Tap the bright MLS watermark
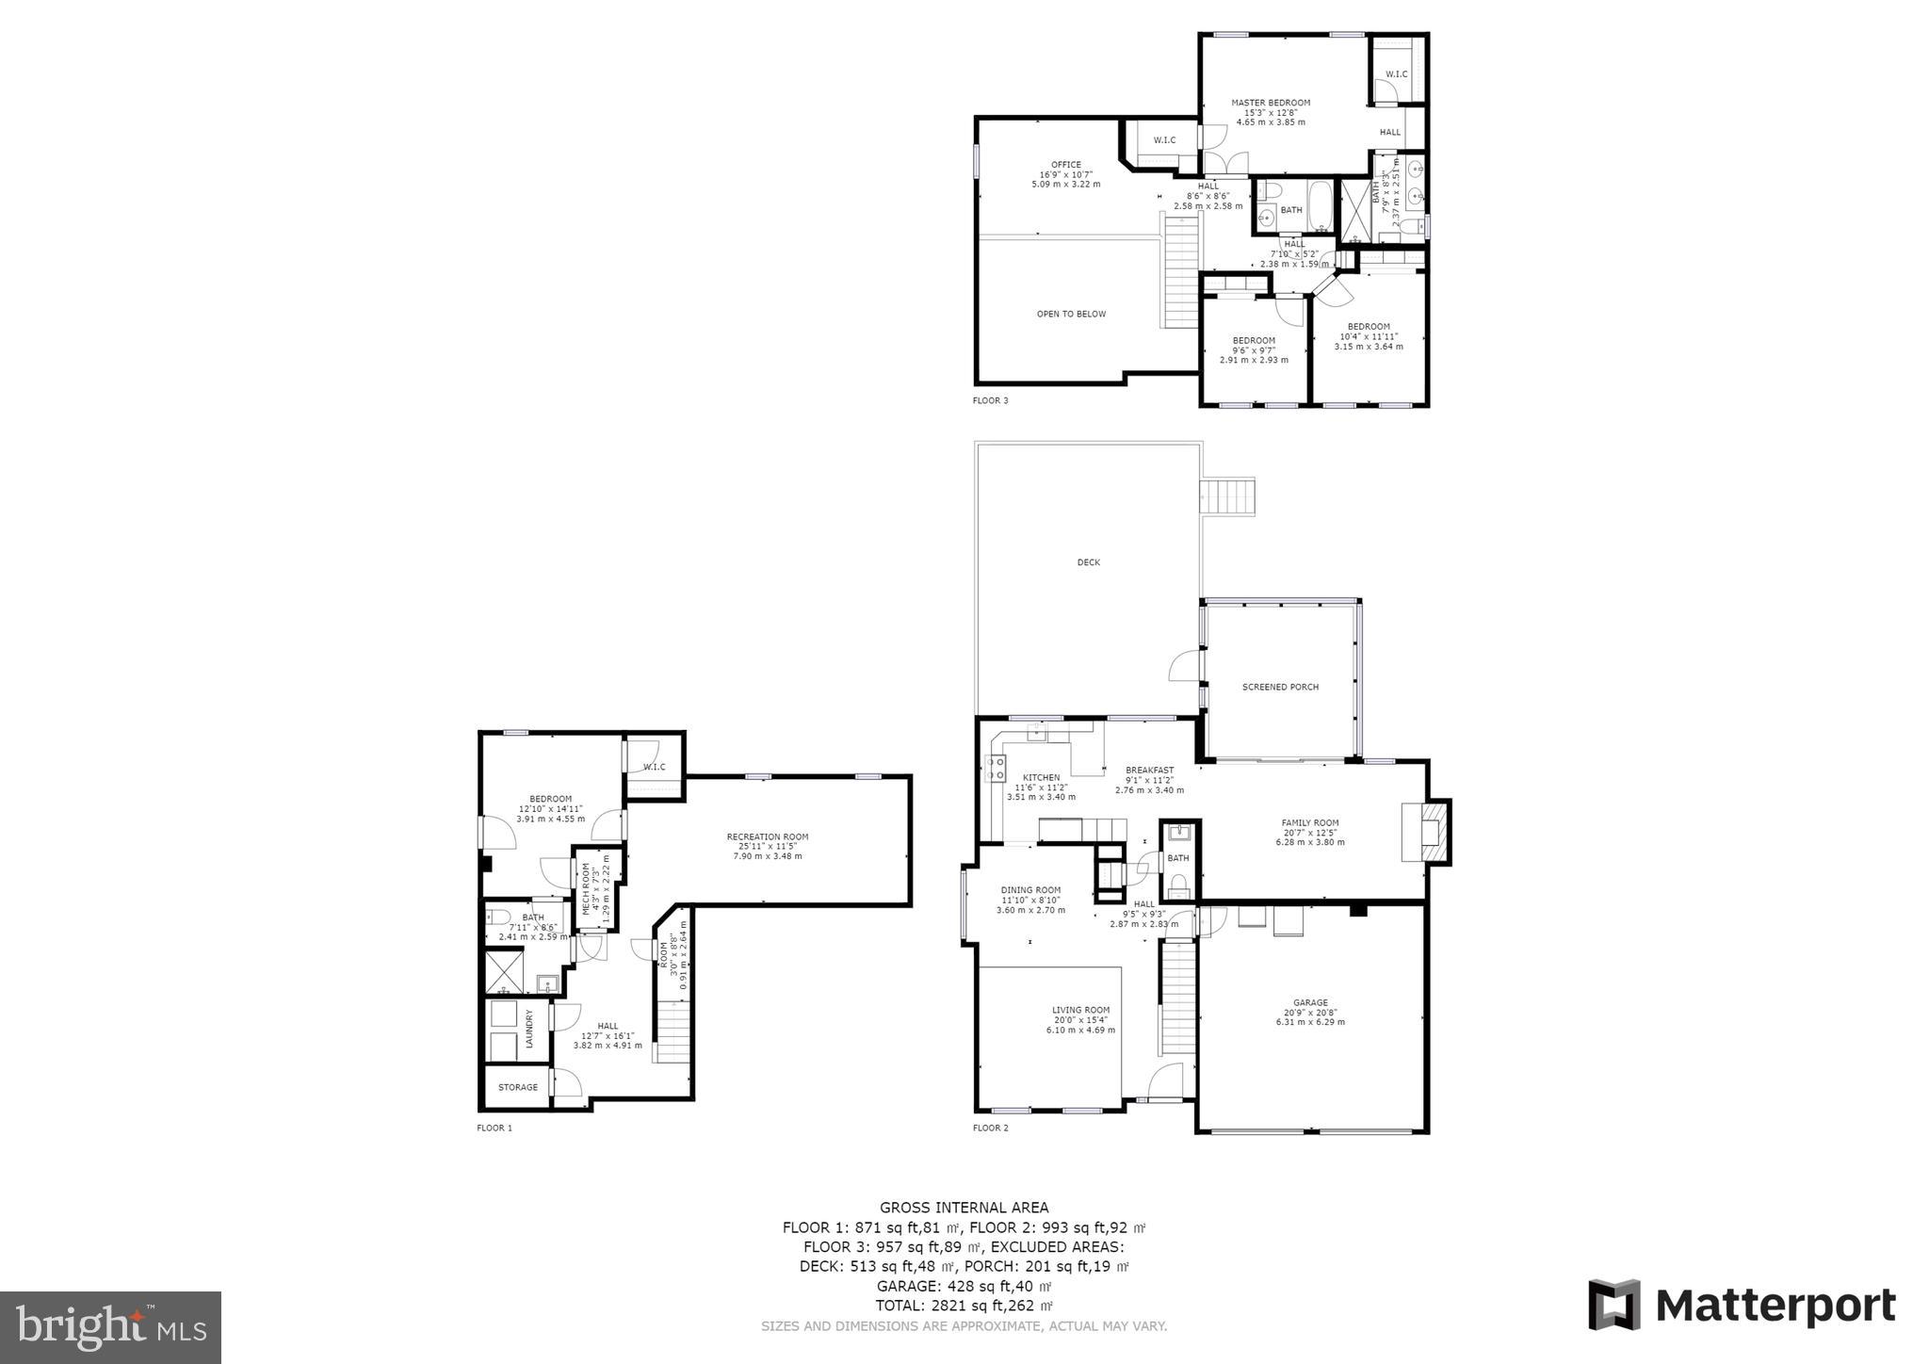(110, 1328)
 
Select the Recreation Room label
(767, 836)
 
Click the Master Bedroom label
(1270, 103)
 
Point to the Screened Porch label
(1280, 687)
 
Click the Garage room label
(1310, 1002)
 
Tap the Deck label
(1088, 562)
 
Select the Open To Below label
(1071, 314)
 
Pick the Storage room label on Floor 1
(517, 1087)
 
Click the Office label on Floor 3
(1065, 165)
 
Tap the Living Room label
(1080, 1010)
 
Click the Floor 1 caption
(494, 1128)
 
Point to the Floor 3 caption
(990, 400)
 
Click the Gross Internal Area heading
(964, 1208)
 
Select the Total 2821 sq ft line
(964, 1306)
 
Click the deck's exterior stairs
(1227, 495)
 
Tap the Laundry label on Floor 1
(529, 1029)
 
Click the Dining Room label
(1029, 890)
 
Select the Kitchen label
(1041, 777)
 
